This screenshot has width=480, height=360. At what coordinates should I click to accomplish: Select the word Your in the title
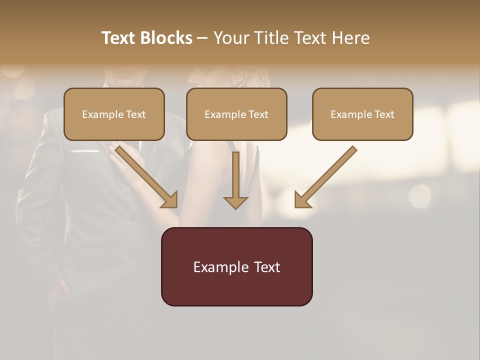point(230,38)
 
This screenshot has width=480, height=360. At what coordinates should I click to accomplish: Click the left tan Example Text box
point(114,114)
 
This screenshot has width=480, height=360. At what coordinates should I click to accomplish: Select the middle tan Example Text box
point(236,114)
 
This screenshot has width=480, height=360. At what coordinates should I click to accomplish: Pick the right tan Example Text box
point(362,114)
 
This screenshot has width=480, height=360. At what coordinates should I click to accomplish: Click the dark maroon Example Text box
point(236,266)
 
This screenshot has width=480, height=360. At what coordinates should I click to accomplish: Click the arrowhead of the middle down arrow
point(235,202)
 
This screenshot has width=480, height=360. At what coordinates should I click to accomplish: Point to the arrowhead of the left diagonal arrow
point(170,200)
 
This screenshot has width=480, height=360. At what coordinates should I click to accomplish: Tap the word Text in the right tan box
point(384,114)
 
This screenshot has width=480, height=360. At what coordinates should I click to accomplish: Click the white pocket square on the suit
point(84,150)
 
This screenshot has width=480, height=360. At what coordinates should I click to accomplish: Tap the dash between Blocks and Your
point(202,38)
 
